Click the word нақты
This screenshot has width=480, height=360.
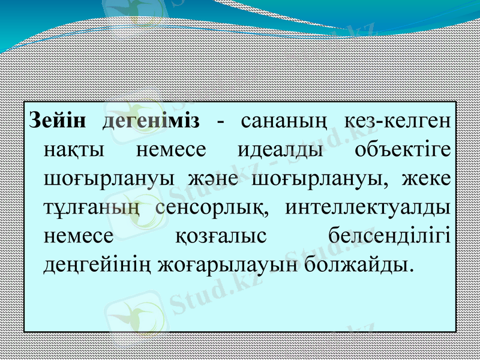75,149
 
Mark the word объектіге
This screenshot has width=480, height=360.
403,149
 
